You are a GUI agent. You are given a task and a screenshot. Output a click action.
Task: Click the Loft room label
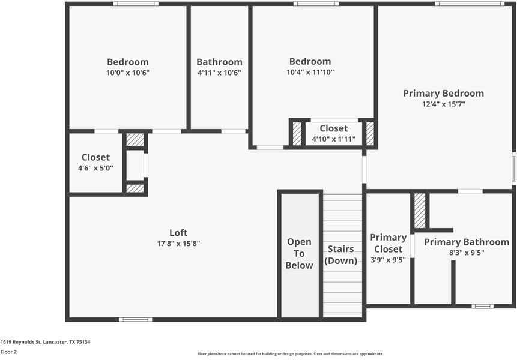(x=178, y=233)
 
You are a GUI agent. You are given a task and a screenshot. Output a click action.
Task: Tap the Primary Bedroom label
(x=443, y=93)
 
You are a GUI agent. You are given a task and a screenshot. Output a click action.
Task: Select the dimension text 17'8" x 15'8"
(x=178, y=244)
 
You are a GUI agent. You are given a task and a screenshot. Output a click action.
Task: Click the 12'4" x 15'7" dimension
(x=443, y=104)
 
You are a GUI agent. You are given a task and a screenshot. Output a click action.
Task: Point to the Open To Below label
(x=299, y=253)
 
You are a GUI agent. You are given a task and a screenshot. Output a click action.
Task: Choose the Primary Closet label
(x=388, y=243)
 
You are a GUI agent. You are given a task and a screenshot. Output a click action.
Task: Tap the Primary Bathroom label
(x=467, y=242)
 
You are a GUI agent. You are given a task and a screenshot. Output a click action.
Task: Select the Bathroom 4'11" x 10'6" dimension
(x=219, y=73)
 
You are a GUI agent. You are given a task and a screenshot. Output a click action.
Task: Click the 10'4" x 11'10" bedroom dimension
(x=310, y=72)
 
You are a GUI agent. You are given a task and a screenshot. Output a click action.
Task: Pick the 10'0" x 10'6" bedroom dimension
(x=128, y=73)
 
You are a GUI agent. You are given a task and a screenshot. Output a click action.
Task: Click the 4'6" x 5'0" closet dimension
(x=95, y=169)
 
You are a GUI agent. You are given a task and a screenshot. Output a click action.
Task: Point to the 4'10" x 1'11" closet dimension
(x=333, y=139)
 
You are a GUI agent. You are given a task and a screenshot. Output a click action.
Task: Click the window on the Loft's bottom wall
(x=135, y=319)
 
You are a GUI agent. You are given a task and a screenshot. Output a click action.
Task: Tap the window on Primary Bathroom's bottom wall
(x=482, y=307)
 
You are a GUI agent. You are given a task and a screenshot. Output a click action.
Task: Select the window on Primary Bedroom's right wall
(x=514, y=168)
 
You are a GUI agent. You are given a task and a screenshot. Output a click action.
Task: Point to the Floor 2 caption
(x=8, y=352)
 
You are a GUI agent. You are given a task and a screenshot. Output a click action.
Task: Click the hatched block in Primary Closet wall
(x=420, y=210)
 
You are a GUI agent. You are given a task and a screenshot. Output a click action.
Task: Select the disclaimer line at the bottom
(x=291, y=354)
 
